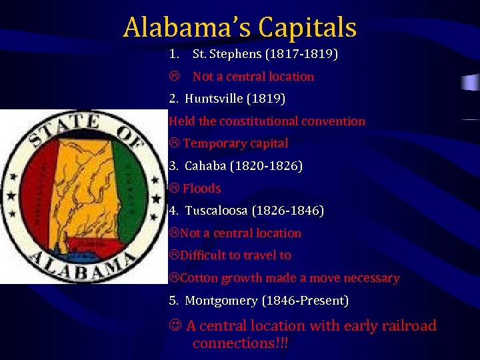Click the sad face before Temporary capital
point(174,144)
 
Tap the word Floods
point(201,189)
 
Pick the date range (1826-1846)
point(289,211)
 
